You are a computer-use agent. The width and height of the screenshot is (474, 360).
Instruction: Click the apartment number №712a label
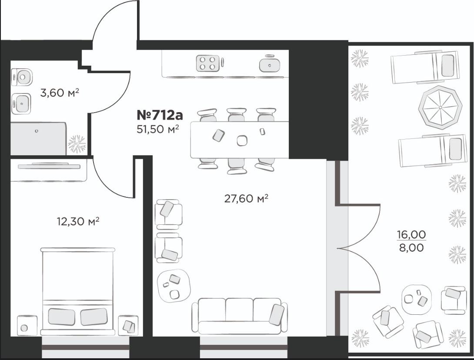coord(160,115)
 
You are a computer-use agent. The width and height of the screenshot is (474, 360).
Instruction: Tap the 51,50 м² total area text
coord(158,129)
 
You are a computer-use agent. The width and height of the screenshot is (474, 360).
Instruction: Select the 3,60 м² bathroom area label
coord(60,93)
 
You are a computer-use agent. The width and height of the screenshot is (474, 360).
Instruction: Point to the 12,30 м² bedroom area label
coord(78,222)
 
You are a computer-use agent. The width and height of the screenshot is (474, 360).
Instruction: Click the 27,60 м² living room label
coord(247,199)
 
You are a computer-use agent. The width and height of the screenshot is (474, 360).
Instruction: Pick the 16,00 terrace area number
coord(411,234)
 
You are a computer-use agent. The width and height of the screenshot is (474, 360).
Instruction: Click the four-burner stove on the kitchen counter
coord(208,63)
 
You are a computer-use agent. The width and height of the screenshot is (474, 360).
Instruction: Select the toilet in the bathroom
coord(21,77)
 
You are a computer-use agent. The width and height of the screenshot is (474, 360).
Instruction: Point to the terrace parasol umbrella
coord(441,107)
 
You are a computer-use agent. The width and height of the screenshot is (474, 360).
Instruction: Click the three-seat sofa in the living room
coord(240,316)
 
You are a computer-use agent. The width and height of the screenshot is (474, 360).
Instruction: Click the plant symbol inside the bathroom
coord(77,144)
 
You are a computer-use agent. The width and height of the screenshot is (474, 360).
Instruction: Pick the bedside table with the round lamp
coord(27,325)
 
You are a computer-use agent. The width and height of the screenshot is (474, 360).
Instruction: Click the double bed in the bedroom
coord(78,291)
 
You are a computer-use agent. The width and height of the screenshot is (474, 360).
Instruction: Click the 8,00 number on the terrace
coord(411,248)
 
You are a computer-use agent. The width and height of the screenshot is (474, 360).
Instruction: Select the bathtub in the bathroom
coord(38,139)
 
